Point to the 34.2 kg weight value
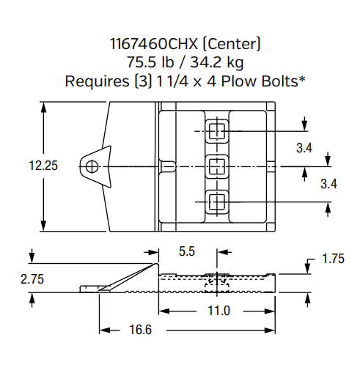[213, 63]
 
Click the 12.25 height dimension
[43, 166]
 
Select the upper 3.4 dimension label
[304, 148]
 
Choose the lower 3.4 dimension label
[328, 184]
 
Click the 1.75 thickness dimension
[333, 259]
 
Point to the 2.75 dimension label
[32, 280]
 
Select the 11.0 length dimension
[218, 311]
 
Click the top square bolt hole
[216, 131]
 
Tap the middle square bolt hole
[216, 166]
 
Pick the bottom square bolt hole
[216, 200]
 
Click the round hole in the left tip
[89, 166]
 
